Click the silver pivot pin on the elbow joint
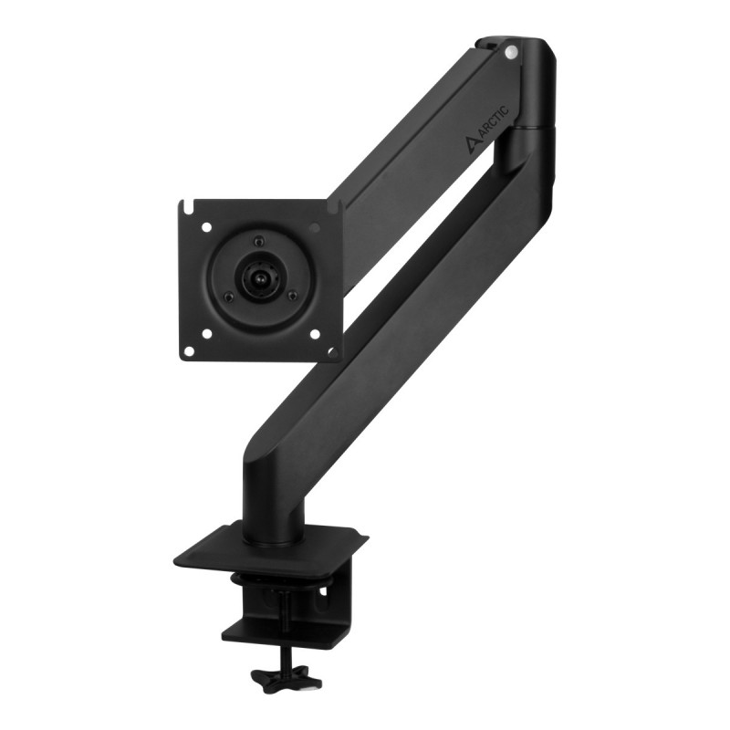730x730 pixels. (x=511, y=52)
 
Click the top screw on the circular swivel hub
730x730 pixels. (x=258, y=241)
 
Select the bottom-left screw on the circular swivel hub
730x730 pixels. (x=228, y=297)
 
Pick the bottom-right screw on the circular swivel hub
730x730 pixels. (x=291, y=294)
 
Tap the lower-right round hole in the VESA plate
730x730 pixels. (x=315, y=334)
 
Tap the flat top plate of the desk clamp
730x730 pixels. (x=274, y=547)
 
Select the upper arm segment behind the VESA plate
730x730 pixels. (x=411, y=173)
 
